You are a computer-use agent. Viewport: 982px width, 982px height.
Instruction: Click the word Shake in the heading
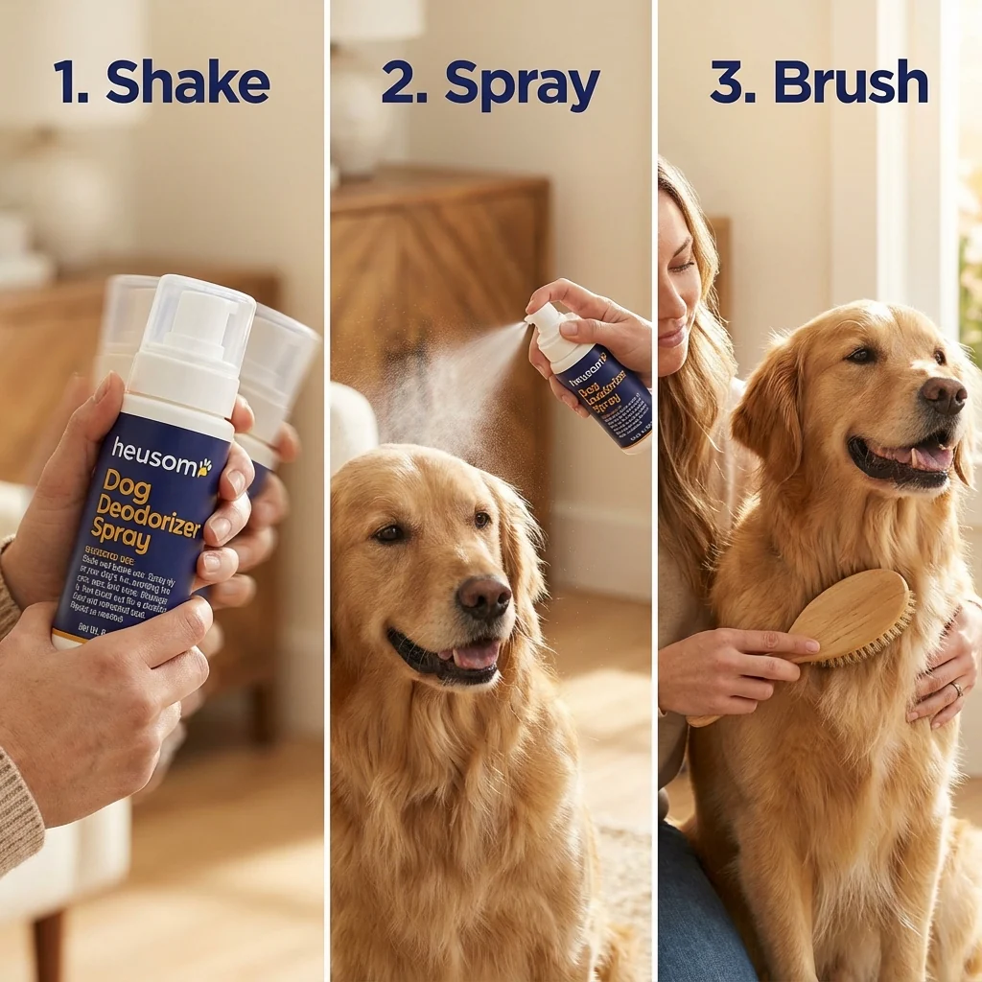(x=188, y=82)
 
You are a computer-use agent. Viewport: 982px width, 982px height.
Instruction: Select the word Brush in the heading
(x=851, y=82)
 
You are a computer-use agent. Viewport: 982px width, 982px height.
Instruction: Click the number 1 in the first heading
(x=69, y=82)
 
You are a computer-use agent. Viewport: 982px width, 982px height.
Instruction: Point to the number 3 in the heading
(x=730, y=82)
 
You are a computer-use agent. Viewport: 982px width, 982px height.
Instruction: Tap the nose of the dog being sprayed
(x=483, y=596)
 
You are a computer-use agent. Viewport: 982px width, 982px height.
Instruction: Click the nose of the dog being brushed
(x=944, y=393)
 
